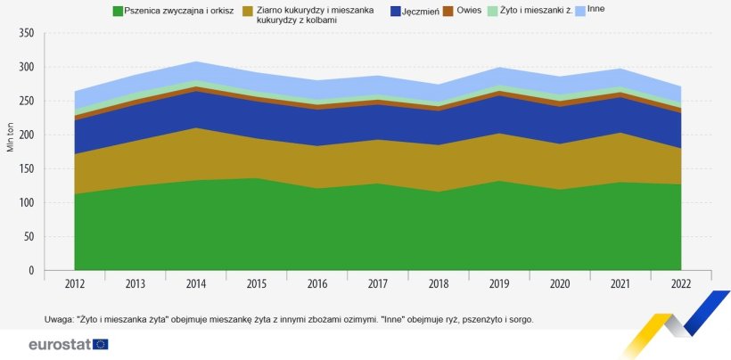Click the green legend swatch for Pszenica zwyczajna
click(x=117, y=11)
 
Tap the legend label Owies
click(x=469, y=11)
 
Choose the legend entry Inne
click(x=596, y=8)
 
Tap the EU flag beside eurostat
click(x=100, y=344)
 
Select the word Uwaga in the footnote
click(x=59, y=319)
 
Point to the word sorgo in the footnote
click(x=521, y=319)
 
